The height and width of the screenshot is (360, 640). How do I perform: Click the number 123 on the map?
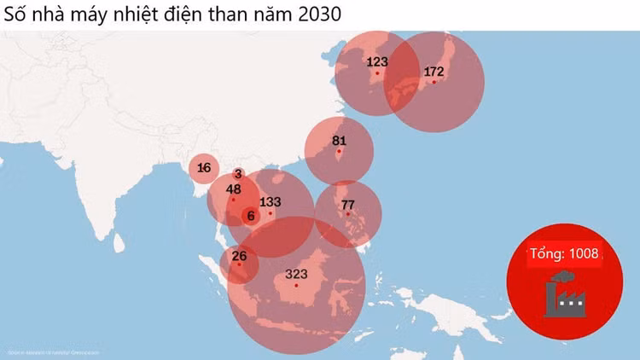[377, 61]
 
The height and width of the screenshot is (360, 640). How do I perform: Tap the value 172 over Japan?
[434, 71]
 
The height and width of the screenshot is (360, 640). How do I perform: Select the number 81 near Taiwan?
[339, 141]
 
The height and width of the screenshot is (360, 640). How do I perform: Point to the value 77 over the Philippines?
[347, 205]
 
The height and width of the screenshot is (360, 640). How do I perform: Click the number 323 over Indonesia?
[296, 274]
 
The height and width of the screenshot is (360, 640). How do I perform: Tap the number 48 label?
[234, 189]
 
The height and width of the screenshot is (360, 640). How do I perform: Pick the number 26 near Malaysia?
[239, 255]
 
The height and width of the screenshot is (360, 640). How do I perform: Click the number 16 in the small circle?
[203, 168]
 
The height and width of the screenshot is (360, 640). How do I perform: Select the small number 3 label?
[237, 174]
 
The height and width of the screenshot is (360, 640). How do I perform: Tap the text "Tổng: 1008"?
[564, 253]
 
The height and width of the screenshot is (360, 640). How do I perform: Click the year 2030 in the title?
[321, 15]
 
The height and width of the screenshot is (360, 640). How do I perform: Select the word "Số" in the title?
[16, 15]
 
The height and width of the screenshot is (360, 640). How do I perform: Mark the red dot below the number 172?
[434, 83]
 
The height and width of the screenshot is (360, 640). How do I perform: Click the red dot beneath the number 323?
[296, 285]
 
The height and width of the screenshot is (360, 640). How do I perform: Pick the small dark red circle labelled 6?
[250, 217]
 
